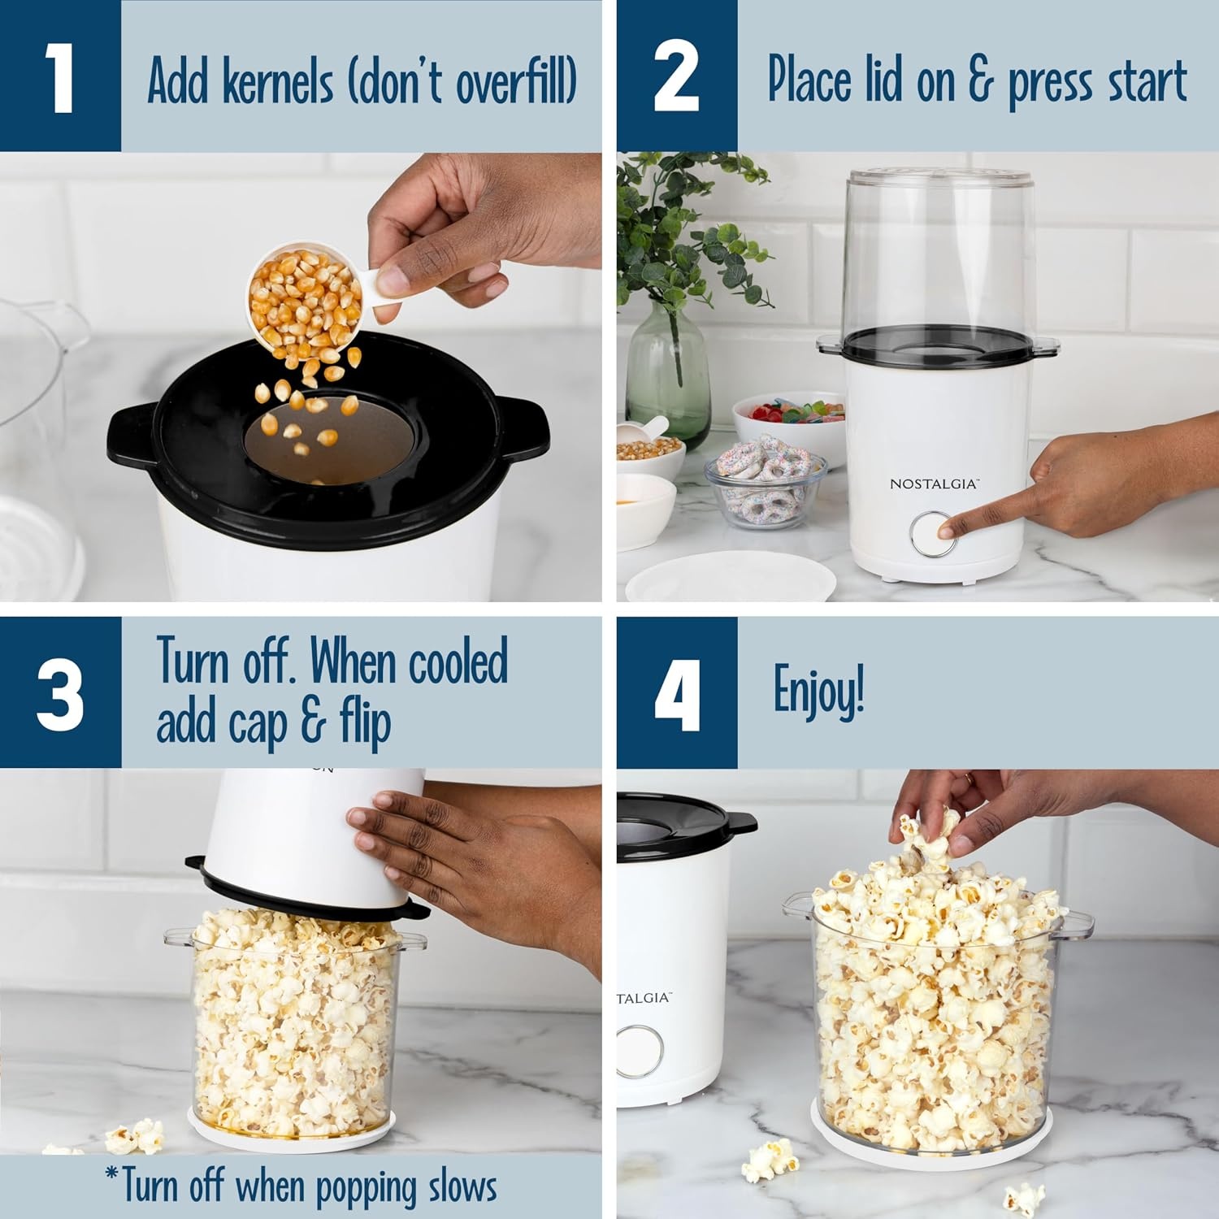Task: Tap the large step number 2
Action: (676, 77)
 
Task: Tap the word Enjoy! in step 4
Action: (818, 691)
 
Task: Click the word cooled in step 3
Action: (458, 662)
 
